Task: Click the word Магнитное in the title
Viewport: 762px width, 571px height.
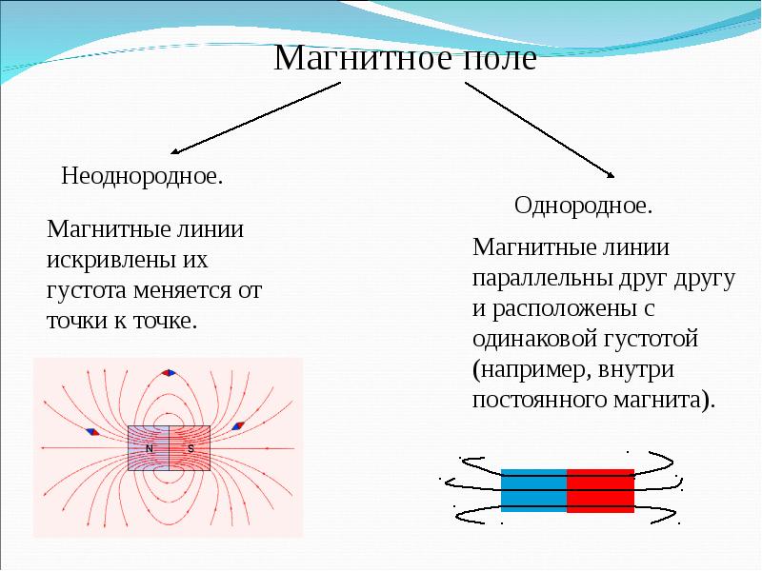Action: pos(353,60)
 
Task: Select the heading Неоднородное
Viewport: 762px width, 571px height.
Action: pos(142,177)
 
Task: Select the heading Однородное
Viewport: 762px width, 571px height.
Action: pos(583,205)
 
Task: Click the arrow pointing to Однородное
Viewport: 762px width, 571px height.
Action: pos(539,129)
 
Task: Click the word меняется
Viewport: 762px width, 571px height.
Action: pos(184,288)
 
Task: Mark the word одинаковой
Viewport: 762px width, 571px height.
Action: pos(531,339)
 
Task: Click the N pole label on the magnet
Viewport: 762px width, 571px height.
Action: pos(150,448)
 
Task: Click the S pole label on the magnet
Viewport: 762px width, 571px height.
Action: pos(190,448)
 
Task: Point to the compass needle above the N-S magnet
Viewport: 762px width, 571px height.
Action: pos(170,373)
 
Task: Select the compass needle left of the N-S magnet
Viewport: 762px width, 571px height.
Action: pos(91,431)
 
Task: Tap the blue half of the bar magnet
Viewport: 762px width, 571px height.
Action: pos(533,490)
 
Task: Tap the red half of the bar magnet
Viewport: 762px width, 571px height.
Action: pos(600,490)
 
